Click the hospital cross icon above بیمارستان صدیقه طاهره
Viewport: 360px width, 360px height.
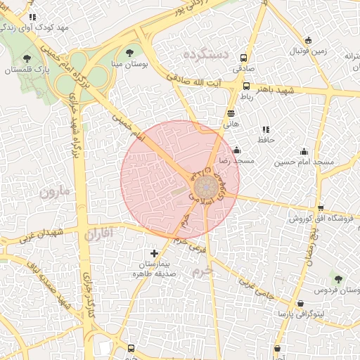tap(155, 253)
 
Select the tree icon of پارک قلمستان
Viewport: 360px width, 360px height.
tap(27, 59)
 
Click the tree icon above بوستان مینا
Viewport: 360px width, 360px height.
tap(129, 52)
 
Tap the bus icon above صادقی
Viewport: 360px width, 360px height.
tap(243, 58)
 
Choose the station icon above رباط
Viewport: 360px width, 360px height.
tap(246, 86)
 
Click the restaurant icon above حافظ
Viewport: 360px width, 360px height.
tap(265, 129)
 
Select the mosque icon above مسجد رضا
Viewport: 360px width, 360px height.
tap(236, 150)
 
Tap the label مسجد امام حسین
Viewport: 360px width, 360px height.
tap(304, 162)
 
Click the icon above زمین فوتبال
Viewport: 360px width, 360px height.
tap(308, 40)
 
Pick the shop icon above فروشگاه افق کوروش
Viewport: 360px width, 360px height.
tap(321, 207)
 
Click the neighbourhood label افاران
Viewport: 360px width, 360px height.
tap(97, 233)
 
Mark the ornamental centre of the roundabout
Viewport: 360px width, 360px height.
tap(206, 187)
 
